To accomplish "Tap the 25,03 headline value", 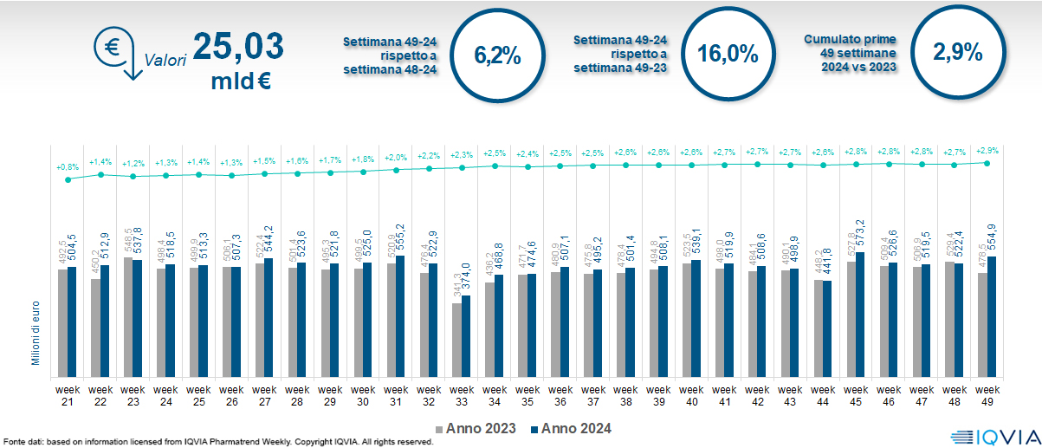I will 237,46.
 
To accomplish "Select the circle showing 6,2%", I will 497,56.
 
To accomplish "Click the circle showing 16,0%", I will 728,54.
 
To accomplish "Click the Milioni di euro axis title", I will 37,330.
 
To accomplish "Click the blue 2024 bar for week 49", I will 992,316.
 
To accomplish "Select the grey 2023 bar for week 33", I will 456,340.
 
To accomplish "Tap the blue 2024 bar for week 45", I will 860,314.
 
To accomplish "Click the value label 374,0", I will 467,280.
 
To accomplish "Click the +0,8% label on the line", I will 67,167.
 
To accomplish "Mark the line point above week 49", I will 987,162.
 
